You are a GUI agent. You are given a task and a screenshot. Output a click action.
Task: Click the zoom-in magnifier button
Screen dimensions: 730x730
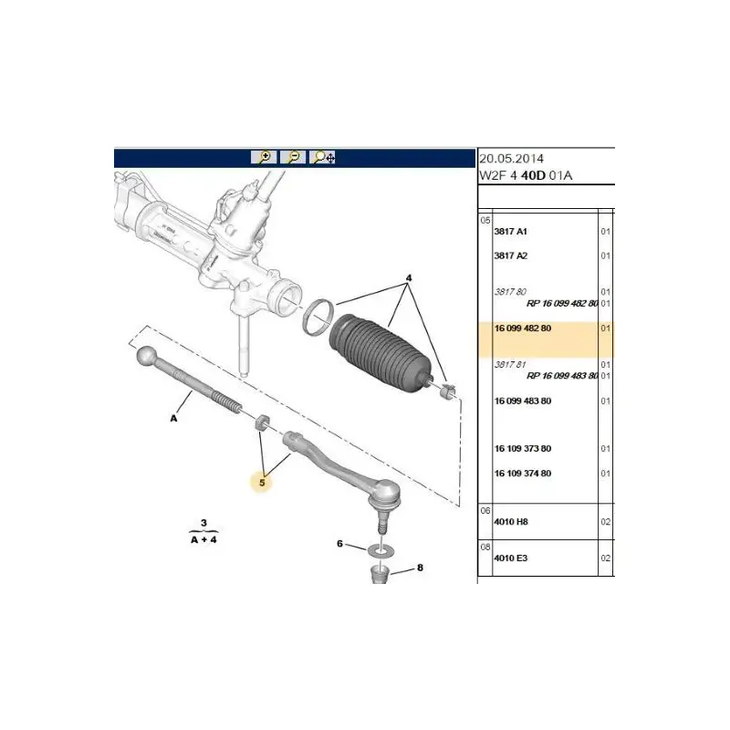click(x=264, y=157)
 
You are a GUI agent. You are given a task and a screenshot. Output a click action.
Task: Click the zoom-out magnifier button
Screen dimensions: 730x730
click(x=293, y=157)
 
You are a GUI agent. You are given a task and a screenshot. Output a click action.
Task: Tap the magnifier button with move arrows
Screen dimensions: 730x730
click(x=322, y=157)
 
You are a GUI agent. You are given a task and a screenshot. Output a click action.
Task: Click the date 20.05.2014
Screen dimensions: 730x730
click(x=511, y=159)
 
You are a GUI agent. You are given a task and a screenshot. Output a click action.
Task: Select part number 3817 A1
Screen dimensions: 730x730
click(x=511, y=232)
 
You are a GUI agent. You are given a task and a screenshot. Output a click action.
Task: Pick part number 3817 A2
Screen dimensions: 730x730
click(x=511, y=255)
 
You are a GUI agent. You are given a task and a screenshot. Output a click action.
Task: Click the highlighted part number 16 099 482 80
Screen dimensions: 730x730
click(x=522, y=328)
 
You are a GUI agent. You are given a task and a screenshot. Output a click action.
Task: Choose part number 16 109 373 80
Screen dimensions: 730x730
click(x=522, y=449)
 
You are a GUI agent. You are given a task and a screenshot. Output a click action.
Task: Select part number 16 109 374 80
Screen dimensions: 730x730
click(x=522, y=474)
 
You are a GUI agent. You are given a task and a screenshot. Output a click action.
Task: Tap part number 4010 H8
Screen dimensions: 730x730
click(x=511, y=522)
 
